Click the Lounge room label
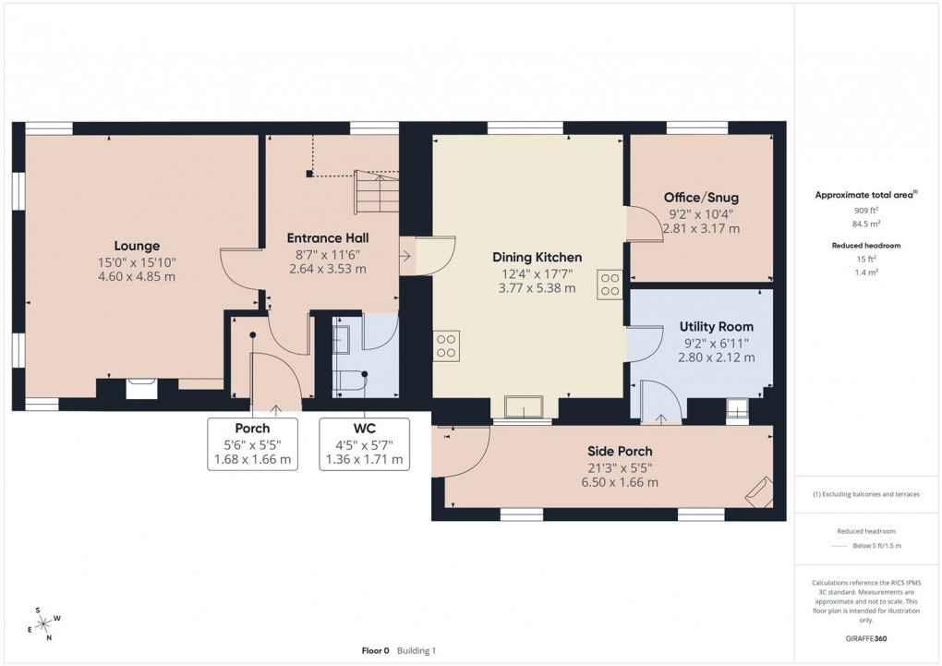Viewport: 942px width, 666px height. coord(137,246)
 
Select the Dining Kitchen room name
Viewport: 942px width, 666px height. coord(537,257)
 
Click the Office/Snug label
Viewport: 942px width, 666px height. coord(701,198)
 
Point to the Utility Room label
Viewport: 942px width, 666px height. coord(716,326)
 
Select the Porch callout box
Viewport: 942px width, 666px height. coord(252,443)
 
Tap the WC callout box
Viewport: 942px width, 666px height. coord(364,443)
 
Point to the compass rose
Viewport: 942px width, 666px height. coord(43,624)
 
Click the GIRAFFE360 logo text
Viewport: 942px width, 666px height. coord(866,637)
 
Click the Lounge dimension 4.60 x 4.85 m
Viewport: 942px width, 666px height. coord(137,277)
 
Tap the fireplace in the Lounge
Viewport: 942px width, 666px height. coord(140,388)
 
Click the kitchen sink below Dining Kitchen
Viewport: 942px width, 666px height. coord(524,407)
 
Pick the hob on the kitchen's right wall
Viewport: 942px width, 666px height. coord(610,284)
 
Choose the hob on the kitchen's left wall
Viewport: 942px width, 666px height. coord(446,345)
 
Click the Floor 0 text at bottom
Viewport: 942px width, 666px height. coord(375,650)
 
